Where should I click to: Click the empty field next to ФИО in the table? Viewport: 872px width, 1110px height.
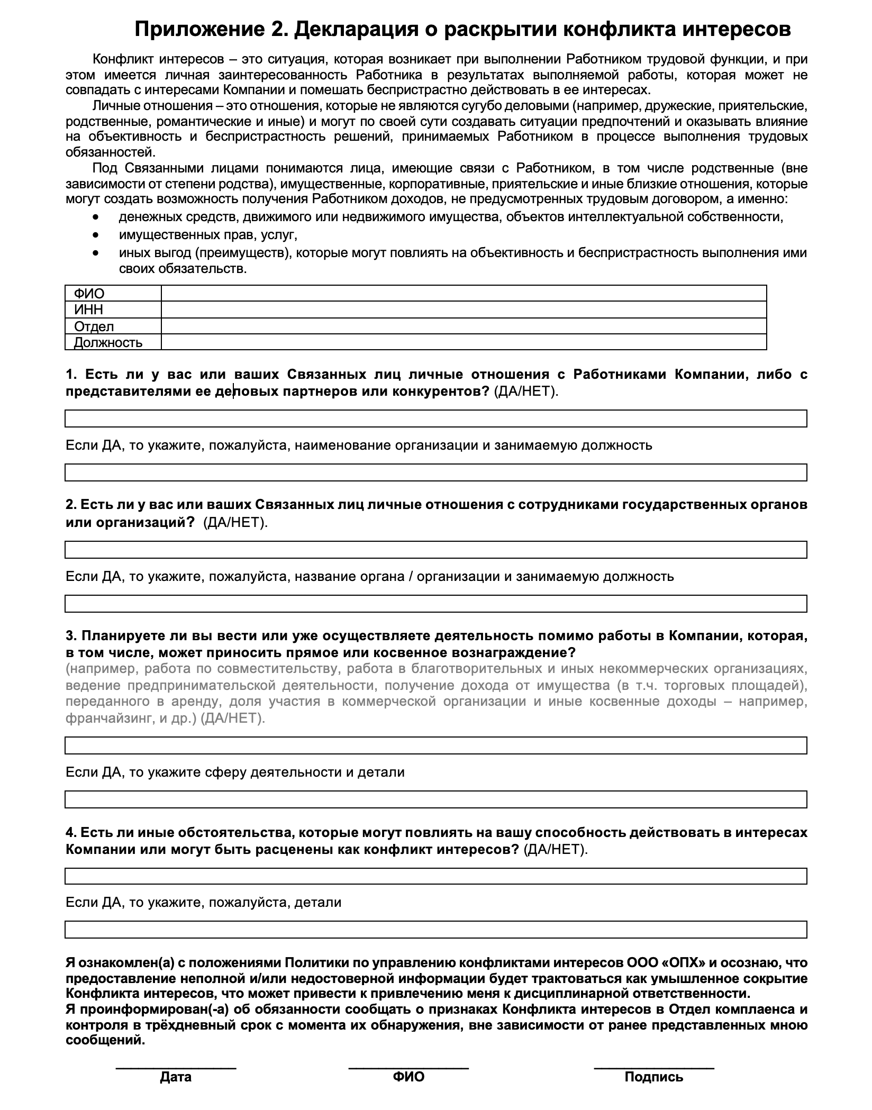pyautogui.click(x=464, y=293)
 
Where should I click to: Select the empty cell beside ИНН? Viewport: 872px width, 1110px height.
pyautogui.click(x=464, y=310)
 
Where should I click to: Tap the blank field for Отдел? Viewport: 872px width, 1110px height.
pyautogui.click(x=464, y=326)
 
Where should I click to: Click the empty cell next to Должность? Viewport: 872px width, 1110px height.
pyautogui.click(x=464, y=342)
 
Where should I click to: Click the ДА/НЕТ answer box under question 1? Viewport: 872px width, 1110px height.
pyautogui.click(x=435, y=418)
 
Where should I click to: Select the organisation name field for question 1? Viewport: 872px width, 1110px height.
pyautogui.click(x=435, y=472)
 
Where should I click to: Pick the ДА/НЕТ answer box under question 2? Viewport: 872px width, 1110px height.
pyautogui.click(x=435, y=549)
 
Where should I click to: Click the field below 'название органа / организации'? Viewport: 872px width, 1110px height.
pyautogui.click(x=435, y=604)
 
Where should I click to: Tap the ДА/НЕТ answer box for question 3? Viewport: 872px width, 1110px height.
pyautogui.click(x=435, y=745)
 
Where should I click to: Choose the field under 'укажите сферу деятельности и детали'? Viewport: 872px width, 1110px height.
pyautogui.click(x=435, y=799)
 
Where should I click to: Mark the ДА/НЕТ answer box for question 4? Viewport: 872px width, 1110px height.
pyautogui.click(x=435, y=876)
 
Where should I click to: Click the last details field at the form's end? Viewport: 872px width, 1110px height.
pyautogui.click(x=435, y=930)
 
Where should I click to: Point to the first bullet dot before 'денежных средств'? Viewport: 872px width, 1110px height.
pyautogui.click(x=95, y=217)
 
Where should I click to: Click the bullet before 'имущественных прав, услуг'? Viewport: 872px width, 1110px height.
pyautogui.click(x=95, y=234)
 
